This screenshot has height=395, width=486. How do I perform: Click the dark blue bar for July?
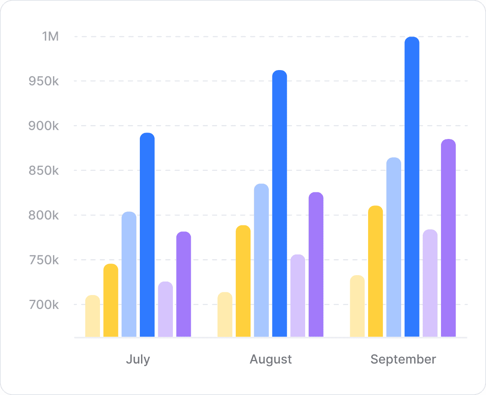[x=147, y=235]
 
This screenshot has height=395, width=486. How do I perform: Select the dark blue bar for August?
[x=279, y=203]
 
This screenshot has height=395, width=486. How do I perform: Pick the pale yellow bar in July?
[x=92, y=316]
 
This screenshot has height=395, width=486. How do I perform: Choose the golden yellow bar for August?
[x=243, y=281]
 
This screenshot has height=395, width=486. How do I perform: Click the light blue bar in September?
[x=394, y=247]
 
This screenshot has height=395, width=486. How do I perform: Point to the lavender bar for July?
[x=165, y=309]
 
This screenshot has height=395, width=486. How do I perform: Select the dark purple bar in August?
[x=316, y=264]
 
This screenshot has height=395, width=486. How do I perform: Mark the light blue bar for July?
[x=129, y=274]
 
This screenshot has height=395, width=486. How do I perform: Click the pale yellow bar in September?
[x=357, y=306]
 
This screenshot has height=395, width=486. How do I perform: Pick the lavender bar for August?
[x=298, y=295]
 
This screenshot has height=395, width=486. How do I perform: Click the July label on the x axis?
[x=138, y=359]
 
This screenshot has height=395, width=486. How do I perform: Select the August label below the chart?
[x=271, y=359]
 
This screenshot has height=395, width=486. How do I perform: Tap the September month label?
[x=403, y=359]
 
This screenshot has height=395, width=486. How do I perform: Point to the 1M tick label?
[x=51, y=37]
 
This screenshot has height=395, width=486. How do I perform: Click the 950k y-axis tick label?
[x=44, y=81]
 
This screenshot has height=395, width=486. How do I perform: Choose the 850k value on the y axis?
[x=44, y=171]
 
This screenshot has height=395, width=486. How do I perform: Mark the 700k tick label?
[x=44, y=305]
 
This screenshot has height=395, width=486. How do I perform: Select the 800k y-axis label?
[x=44, y=215]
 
